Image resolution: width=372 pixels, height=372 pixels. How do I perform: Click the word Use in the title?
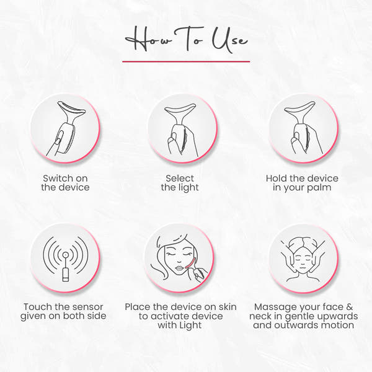click(x=230, y=40)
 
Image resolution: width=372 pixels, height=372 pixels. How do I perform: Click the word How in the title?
click(x=146, y=40)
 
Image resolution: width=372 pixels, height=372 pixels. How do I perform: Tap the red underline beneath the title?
click(x=186, y=61)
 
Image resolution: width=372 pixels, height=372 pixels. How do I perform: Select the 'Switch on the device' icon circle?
click(x=66, y=128)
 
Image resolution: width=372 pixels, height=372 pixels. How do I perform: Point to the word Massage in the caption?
click(x=275, y=306)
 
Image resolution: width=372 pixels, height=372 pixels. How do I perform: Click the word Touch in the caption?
click(x=38, y=306)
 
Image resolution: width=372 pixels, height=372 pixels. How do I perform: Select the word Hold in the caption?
click(x=277, y=179)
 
